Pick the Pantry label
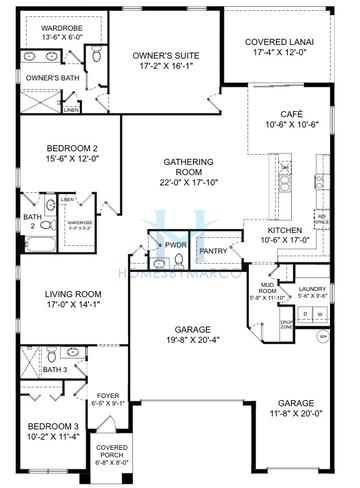[213, 251]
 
